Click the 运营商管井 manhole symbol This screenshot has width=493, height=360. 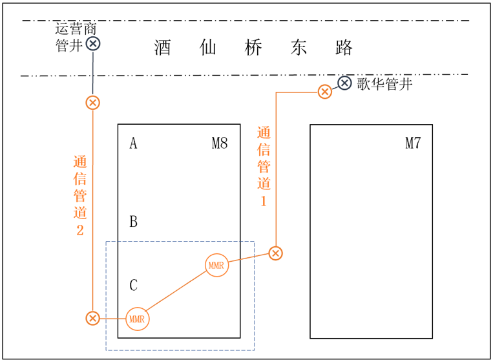click(93, 44)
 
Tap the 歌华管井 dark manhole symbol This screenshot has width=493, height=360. click(345, 83)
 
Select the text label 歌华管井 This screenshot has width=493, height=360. click(384, 84)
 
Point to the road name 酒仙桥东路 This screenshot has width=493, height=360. click(254, 48)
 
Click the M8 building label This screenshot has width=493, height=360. click(220, 143)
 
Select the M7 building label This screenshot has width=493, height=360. click(413, 143)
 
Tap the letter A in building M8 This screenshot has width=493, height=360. click(133, 143)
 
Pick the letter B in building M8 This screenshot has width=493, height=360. click(133, 222)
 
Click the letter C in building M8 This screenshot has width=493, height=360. click(133, 285)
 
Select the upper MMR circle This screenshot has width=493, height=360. click(216, 265)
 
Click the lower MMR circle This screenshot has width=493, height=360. click(136, 319)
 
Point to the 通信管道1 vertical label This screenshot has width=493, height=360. click(264, 166)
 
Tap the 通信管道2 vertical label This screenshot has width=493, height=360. click(79, 196)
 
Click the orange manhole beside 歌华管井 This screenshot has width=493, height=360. click(325, 92)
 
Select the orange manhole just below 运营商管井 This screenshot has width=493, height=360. click(93, 103)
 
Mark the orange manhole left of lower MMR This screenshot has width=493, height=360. click(93, 318)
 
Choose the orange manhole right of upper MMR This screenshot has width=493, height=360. click(276, 253)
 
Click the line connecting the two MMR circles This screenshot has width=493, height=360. click(176, 291)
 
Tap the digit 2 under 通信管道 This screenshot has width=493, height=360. click(79, 229)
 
